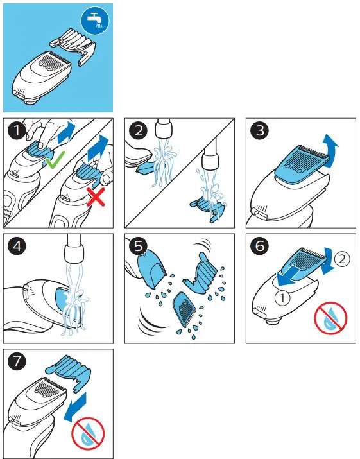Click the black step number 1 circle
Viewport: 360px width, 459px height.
coord(16,132)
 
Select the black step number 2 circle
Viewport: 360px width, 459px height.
coord(138,132)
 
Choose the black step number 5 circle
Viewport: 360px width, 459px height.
coord(137,247)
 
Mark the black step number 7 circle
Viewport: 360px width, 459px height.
coord(16,362)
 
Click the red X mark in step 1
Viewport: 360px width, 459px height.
coord(96,198)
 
